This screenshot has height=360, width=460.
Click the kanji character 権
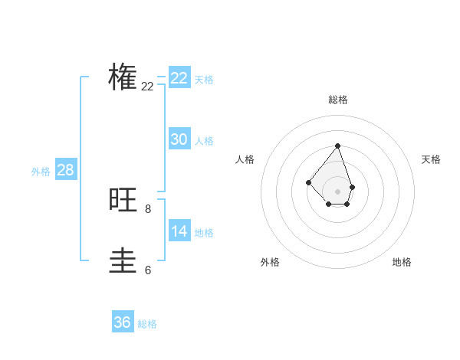[123, 77]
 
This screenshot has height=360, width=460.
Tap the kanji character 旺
[123, 200]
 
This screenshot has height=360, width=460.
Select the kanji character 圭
[123, 261]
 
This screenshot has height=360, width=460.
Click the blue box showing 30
[179, 139]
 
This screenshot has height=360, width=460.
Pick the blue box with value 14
[179, 231]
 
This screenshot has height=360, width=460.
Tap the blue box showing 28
[65, 170]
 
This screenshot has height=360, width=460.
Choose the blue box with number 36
[122, 322]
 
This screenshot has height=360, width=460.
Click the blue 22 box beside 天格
[179, 78]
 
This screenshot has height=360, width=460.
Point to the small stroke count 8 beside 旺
[148, 208]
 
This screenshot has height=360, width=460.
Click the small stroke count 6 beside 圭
[148, 270]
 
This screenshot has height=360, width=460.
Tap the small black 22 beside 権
[148, 87]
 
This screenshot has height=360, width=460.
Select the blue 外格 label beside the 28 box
[41, 172]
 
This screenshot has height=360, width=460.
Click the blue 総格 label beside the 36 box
[147, 324]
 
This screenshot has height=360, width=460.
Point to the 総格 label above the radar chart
[338, 100]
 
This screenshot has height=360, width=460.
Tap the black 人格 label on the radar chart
[245, 159]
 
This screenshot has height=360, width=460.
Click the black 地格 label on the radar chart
[402, 262]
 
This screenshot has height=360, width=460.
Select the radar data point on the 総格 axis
[337, 146]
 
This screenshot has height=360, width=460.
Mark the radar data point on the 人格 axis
[308, 182]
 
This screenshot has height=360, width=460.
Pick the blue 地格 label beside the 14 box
[204, 233]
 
